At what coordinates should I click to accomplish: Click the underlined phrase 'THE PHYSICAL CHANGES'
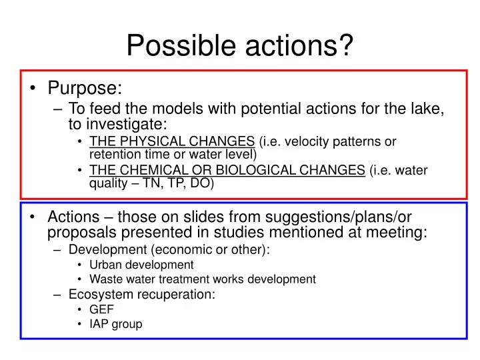172,141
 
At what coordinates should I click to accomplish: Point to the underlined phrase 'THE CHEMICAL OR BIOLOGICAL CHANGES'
227,170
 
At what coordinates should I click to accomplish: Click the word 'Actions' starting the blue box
73,217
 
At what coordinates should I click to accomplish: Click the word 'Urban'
104,265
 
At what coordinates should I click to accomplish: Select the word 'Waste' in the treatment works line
105,279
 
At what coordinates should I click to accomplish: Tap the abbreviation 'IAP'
99,325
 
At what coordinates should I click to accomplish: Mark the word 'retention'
112,155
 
